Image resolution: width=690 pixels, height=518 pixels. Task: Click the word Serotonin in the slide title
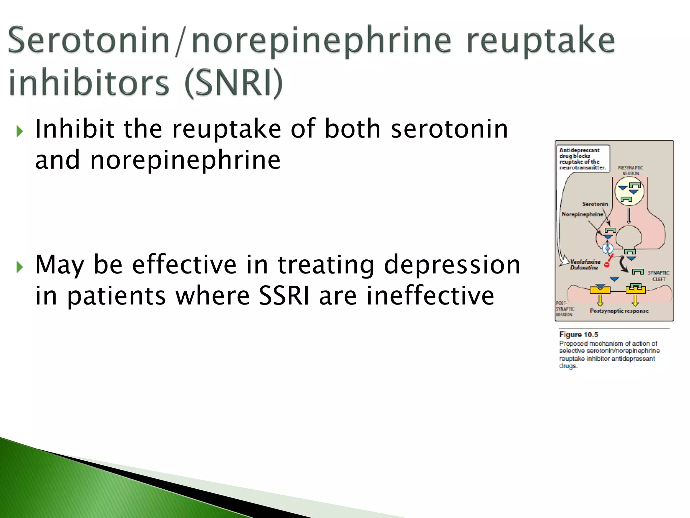click(x=88, y=40)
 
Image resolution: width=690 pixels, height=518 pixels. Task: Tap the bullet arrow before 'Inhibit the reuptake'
click(x=20, y=131)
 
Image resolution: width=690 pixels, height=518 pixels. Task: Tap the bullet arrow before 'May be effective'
click(x=20, y=267)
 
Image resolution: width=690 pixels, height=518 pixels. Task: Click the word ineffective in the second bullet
click(x=430, y=296)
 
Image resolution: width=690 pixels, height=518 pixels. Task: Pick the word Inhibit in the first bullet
click(x=75, y=129)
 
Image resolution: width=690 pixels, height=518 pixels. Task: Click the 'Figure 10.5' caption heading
click(x=578, y=335)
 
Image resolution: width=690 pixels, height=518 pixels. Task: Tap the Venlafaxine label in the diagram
click(x=585, y=262)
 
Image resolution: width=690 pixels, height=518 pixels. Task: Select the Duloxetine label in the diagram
click(x=584, y=268)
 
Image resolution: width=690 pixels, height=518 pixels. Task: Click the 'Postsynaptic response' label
click(x=619, y=311)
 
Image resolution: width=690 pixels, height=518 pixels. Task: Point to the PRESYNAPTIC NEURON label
click(x=630, y=170)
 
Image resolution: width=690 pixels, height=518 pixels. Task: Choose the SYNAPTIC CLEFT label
click(x=658, y=276)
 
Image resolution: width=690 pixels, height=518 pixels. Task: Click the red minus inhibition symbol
click(x=607, y=265)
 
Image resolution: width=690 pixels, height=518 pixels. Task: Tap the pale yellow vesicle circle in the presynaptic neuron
click(x=629, y=191)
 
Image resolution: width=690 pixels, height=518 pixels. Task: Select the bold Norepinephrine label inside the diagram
click(x=582, y=214)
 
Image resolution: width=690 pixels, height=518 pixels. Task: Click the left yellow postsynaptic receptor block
click(x=600, y=289)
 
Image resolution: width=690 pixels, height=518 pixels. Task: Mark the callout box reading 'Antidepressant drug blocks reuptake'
click(x=582, y=159)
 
